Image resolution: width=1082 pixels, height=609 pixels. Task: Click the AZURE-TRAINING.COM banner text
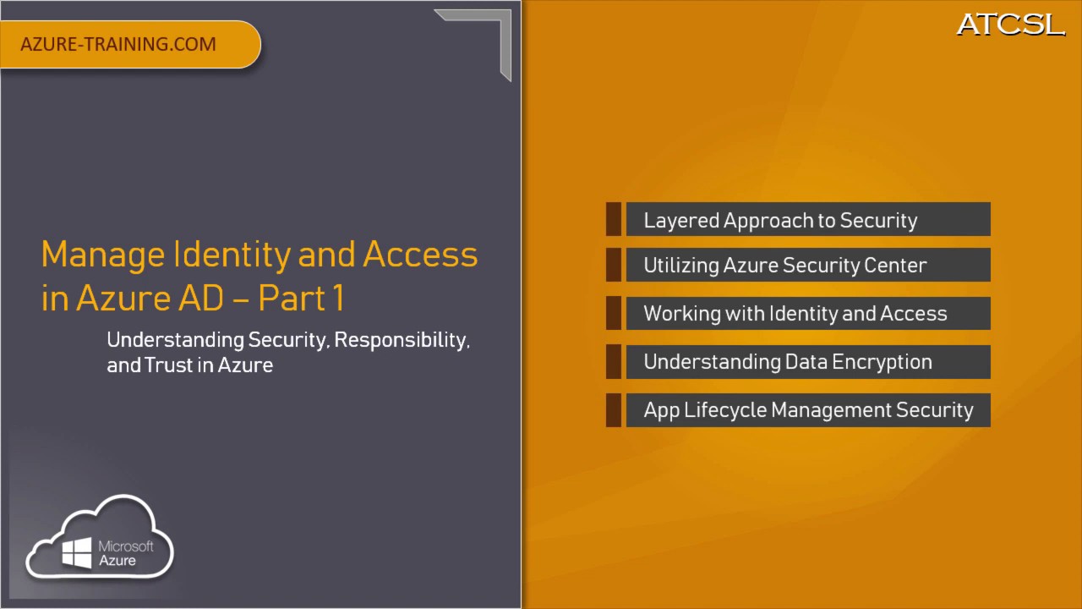(118, 44)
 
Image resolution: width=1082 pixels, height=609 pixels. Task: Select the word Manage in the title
(102, 255)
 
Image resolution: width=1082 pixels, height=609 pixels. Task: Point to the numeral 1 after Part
(337, 298)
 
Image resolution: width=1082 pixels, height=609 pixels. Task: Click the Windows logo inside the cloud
(77, 553)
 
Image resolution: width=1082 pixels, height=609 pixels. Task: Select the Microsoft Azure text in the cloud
(125, 553)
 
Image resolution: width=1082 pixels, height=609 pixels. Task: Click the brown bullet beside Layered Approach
(614, 220)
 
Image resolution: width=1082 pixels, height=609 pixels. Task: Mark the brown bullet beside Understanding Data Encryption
(614, 362)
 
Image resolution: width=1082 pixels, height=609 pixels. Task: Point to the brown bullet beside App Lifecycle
(614, 410)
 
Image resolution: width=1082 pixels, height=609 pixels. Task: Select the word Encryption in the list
(883, 362)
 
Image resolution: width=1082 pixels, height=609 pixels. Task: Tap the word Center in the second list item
(895, 266)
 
